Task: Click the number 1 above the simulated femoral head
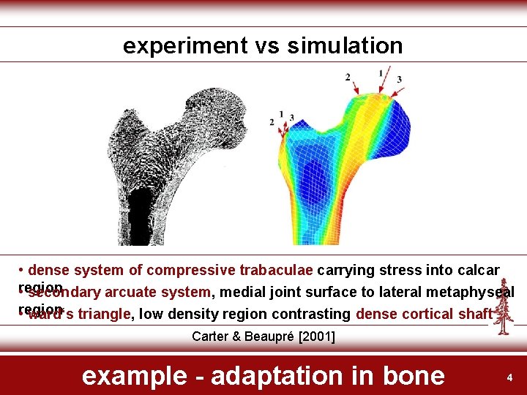tap(380, 72)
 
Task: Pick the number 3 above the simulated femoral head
tap(399, 79)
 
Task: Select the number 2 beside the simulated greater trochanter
tap(272, 121)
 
